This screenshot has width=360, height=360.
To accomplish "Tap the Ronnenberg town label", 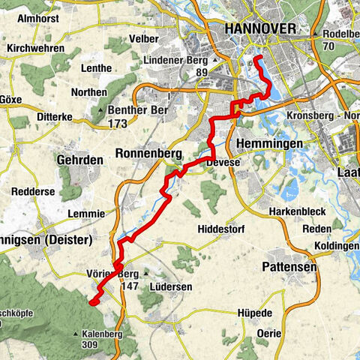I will pos(149,154).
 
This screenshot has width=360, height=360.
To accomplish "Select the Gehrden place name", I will pos(78,160).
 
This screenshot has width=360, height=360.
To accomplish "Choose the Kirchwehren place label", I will pos(36,48).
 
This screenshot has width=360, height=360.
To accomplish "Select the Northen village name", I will pos(89,92).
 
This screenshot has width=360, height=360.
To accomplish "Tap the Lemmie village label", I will pos(86,213).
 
